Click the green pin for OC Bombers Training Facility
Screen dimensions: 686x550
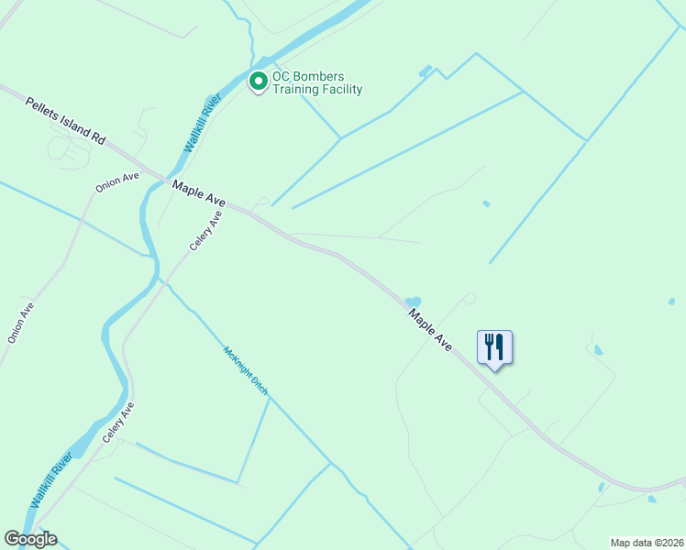[x=259, y=82]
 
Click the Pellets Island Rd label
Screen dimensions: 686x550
[x=65, y=120]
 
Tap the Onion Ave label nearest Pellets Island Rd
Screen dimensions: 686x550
[x=117, y=181]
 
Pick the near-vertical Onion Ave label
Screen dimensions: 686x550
[x=21, y=323]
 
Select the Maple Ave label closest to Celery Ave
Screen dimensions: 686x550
[x=198, y=192]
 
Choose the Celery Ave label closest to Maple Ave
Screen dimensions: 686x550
[x=206, y=231]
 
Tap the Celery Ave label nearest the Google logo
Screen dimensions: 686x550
[x=118, y=423]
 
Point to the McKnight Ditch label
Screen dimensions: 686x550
[x=246, y=369]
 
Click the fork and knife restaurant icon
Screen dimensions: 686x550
[x=494, y=347]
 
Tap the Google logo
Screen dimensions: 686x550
[x=30, y=539]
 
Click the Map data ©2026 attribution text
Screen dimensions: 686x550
[x=647, y=543]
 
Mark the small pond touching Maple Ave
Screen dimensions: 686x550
[x=413, y=302]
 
